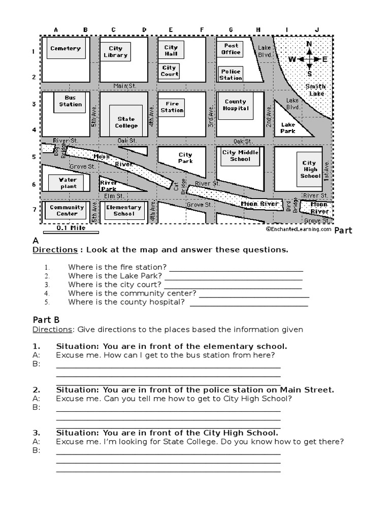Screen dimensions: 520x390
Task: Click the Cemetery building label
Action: pos(65,49)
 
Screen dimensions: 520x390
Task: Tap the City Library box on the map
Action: pos(115,52)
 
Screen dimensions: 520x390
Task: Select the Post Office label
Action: pos(231,49)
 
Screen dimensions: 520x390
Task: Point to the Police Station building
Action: pos(231,74)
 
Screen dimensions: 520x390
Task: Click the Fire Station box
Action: pos(172,107)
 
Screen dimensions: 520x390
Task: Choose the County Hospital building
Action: pos(236,105)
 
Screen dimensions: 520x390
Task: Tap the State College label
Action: pos(126,122)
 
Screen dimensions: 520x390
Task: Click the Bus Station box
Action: pos(70,101)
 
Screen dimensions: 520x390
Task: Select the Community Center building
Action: pos(67,210)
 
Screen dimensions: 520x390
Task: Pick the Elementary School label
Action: pos(123,210)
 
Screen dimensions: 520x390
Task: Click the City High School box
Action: pos(310,169)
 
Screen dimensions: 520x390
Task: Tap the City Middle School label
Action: pos(240,155)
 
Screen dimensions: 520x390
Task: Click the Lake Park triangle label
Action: pos(288,127)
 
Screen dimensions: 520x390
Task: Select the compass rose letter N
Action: pos(309,44)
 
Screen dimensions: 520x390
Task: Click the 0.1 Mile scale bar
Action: pos(71,231)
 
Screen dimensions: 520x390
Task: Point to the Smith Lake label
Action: pos(315,90)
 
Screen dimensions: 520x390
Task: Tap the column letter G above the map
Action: pos(231,30)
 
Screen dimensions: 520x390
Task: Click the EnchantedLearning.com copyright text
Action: pos(298,229)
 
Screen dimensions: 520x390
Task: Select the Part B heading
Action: pos(46,319)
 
